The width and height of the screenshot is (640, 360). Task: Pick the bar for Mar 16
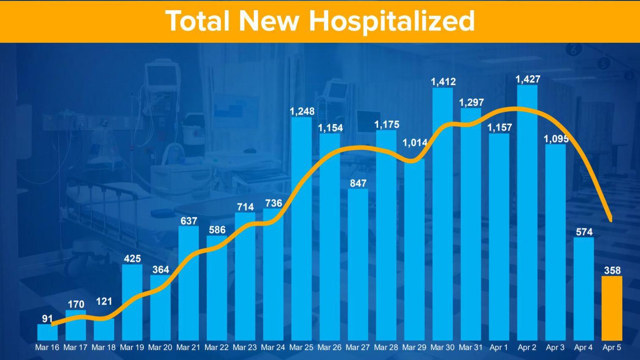tap(47, 333)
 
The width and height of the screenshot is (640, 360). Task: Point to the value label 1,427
tap(527, 79)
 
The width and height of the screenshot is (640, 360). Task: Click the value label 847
tap(358, 183)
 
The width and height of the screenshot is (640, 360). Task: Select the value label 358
tap(612, 270)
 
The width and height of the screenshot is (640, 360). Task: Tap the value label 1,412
tap(443, 82)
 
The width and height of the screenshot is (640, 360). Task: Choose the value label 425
tap(132, 258)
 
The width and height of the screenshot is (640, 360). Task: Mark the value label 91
tap(47, 319)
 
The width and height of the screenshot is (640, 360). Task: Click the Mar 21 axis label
tap(188, 347)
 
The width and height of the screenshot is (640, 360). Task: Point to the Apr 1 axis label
tap(499, 347)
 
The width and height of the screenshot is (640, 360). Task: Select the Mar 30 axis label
tap(442, 347)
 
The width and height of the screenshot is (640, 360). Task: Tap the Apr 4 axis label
tap(583, 347)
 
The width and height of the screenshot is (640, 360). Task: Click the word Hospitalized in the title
tap(392, 21)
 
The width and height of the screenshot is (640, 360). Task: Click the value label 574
tap(584, 232)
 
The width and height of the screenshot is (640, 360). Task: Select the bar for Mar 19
tap(132, 302)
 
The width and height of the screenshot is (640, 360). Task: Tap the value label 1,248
tap(302, 111)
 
